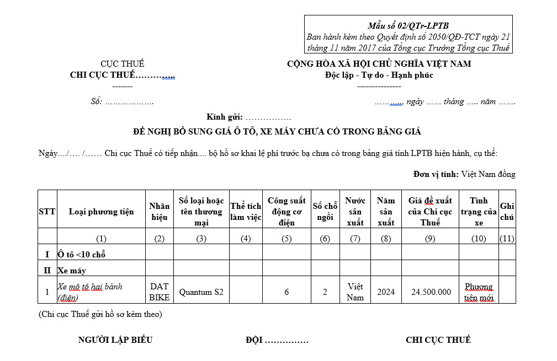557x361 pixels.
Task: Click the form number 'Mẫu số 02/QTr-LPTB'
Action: pyautogui.click(x=409, y=25)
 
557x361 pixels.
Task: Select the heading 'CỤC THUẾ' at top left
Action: pyautogui.click(x=122, y=64)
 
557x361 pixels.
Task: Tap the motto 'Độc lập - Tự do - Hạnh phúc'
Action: pyautogui.click(x=379, y=75)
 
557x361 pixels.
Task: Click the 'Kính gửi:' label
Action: pyautogui.click(x=225, y=117)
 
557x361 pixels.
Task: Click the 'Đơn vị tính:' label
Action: pyautogui.click(x=436, y=174)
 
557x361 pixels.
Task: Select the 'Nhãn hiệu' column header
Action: pyautogui.click(x=160, y=211)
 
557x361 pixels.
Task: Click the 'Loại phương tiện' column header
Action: pyautogui.click(x=101, y=212)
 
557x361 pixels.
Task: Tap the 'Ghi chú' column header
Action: pyautogui.click(x=507, y=211)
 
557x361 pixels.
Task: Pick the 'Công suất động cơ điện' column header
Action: pyautogui.click(x=287, y=211)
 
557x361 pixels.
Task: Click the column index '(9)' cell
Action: pyautogui.click(x=430, y=238)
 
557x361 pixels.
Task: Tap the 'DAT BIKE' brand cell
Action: pyautogui.click(x=160, y=292)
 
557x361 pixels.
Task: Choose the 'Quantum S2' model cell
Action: pyautogui.click(x=201, y=292)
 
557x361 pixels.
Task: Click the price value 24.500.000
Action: pyautogui.click(x=431, y=292)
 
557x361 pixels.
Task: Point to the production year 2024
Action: pyautogui.click(x=386, y=292)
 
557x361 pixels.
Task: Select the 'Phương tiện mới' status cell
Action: pyautogui.click(x=479, y=292)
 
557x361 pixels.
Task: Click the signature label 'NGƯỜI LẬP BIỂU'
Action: pyautogui.click(x=115, y=340)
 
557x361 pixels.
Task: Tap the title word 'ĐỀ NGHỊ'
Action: pyautogui.click(x=152, y=132)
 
